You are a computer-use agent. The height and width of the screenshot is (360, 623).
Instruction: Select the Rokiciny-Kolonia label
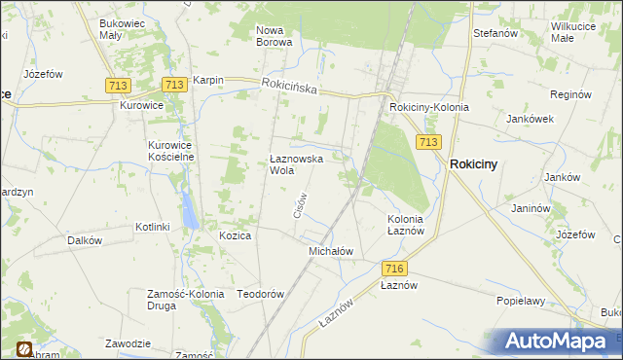pos(428,107)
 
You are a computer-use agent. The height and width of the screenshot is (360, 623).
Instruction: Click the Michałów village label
pos(330,251)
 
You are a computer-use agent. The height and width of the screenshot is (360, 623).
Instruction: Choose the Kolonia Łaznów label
pos(405,225)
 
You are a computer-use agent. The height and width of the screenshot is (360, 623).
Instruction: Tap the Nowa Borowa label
pos(275,36)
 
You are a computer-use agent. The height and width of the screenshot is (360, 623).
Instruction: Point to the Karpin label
pos(208,81)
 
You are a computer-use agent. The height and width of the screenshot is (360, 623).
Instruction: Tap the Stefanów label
pos(494,33)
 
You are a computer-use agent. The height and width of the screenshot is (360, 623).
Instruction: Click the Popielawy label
pos(520,302)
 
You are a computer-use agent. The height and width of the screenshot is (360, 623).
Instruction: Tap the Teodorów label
pos(260,294)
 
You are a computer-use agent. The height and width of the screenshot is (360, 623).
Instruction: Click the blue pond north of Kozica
pos(186,207)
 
